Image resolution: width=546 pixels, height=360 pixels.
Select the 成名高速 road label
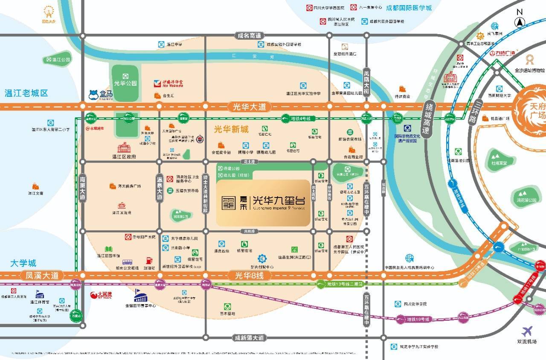(x=250, y=36)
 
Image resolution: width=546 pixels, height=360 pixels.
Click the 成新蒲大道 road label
(x=250, y=337)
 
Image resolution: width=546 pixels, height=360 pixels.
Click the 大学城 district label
(x=24, y=263)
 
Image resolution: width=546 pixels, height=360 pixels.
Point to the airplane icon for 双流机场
(x=528, y=331)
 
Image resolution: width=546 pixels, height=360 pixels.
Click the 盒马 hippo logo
(x=93, y=94)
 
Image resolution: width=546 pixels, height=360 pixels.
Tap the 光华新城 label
(x=231, y=128)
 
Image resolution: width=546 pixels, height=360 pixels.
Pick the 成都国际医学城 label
(x=409, y=8)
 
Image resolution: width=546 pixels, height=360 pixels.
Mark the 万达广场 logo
(x=505, y=52)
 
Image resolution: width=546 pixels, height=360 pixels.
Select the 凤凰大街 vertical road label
(x=366, y=83)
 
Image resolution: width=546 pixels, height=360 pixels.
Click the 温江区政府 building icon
(x=124, y=148)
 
